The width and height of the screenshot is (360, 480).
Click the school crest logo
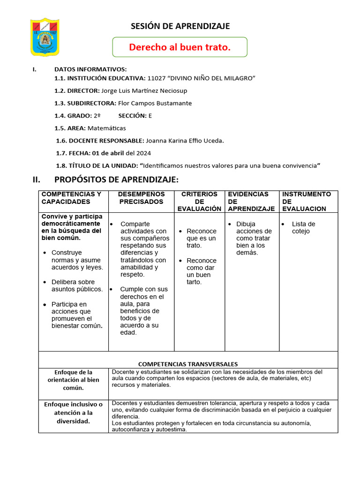(x=45, y=37)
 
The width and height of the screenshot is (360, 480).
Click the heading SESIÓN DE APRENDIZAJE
(x=180, y=26)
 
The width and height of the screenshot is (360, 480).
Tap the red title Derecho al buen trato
(x=180, y=47)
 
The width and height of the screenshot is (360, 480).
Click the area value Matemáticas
(x=109, y=128)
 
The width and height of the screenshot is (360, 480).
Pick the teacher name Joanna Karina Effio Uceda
(x=185, y=140)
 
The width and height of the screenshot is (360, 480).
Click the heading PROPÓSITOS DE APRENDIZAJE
(x=116, y=180)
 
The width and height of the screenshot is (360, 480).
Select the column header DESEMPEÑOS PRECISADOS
(x=141, y=198)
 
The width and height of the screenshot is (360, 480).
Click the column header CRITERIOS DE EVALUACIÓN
(x=199, y=201)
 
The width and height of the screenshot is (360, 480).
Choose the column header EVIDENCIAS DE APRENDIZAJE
(x=251, y=201)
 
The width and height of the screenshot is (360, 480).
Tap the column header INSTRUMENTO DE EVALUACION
(x=307, y=201)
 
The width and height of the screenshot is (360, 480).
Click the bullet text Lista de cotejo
(x=303, y=227)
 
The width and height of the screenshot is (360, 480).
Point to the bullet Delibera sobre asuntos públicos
(x=76, y=285)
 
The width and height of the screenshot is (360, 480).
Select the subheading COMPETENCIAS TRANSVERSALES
(x=188, y=364)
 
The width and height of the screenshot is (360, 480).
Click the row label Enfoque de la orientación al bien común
(x=73, y=380)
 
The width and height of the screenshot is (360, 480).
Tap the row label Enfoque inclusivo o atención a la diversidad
(x=73, y=412)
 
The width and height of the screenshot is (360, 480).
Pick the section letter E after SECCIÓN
(x=150, y=115)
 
